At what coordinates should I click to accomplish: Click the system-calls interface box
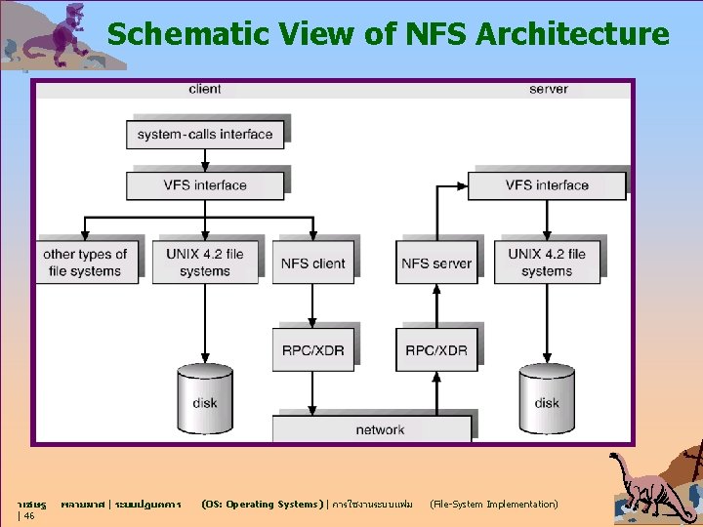click(x=205, y=134)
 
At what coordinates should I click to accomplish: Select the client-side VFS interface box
click(x=205, y=184)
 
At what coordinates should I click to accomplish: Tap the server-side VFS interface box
click(x=547, y=184)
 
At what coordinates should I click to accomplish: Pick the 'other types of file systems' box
click(x=85, y=263)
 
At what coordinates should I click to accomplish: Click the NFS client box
click(x=313, y=263)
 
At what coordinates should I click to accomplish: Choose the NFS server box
click(x=436, y=263)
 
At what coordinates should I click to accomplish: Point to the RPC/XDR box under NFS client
click(x=313, y=350)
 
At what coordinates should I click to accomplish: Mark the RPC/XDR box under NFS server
click(x=436, y=350)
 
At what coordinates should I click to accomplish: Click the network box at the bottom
click(x=380, y=429)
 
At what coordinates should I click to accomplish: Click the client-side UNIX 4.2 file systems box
click(x=205, y=263)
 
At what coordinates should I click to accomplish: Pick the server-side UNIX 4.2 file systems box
click(x=547, y=263)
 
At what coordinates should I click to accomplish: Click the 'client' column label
click(x=205, y=90)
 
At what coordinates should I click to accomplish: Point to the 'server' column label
click(x=549, y=90)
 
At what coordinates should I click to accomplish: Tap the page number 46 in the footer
click(x=29, y=515)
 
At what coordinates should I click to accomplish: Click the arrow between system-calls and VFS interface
click(x=205, y=160)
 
